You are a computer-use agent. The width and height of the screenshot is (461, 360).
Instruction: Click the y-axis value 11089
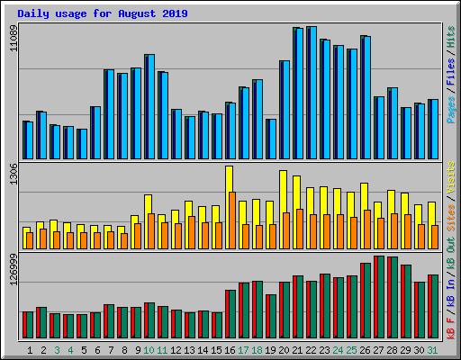pos(13,39)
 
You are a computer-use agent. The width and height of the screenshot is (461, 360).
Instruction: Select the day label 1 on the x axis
pos(31,349)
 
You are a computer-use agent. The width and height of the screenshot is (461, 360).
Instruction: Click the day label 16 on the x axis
pos(230,349)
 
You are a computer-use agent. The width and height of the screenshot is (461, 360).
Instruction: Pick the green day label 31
pos(432,349)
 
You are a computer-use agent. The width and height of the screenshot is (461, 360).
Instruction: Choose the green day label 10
pos(149,349)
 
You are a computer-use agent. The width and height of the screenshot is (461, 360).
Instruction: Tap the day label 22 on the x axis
pos(311,349)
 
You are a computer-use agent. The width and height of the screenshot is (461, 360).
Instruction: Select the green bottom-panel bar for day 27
pos(393,297)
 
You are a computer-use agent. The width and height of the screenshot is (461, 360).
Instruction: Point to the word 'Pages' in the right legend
pos(451,110)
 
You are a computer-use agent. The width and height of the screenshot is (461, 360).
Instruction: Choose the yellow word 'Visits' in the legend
pos(451,177)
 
